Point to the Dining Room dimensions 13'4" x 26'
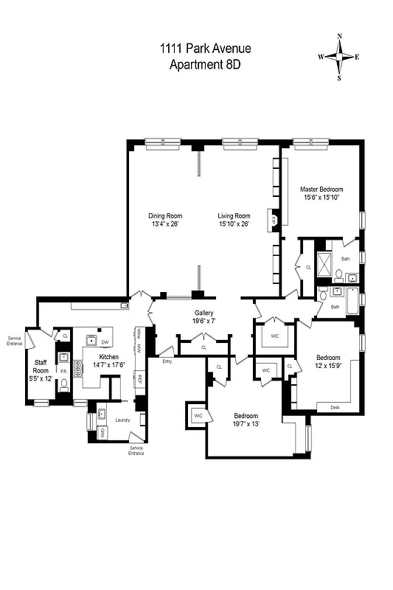tap(165, 224)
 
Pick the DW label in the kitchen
tap(105, 342)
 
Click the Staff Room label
tap(41, 366)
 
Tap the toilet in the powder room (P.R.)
tap(64, 383)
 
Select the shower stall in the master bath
tap(324, 263)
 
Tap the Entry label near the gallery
tap(167, 361)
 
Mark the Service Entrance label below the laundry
tap(136, 450)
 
